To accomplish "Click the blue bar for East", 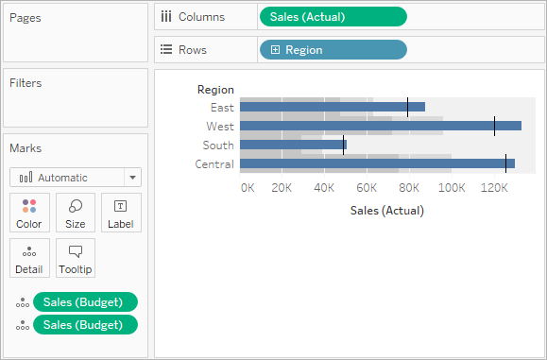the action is click(x=333, y=107).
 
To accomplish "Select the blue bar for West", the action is click(x=381, y=126).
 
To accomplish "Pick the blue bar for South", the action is click(x=293, y=145).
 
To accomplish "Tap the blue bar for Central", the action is click(x=378, y=163).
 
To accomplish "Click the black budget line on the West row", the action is click(x=494, y=126).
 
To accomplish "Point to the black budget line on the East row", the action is click(x=407, y=107).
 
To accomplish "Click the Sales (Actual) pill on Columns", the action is click(x=333, y=17).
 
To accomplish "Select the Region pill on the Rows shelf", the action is click(x=333, y=50).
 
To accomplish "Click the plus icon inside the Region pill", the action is click(x=275, y=50).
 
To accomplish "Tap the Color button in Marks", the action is click(x=29, y=213).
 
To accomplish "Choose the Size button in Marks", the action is click(x=76, y=213).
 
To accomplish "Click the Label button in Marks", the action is click(x=121, y=213).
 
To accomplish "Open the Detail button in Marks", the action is click(x=29, y=258).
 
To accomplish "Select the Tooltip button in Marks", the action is click(x=76, y=258).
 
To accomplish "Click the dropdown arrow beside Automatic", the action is click(x=132, y=178).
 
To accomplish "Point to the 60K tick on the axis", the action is click(x=367, y=188).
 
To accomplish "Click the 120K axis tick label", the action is click(x=494, y=188).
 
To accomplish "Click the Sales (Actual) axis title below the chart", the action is click(x=387, y=211).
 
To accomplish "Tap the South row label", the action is click(x=218, y=146).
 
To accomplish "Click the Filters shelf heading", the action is click(x=26, y=83).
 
